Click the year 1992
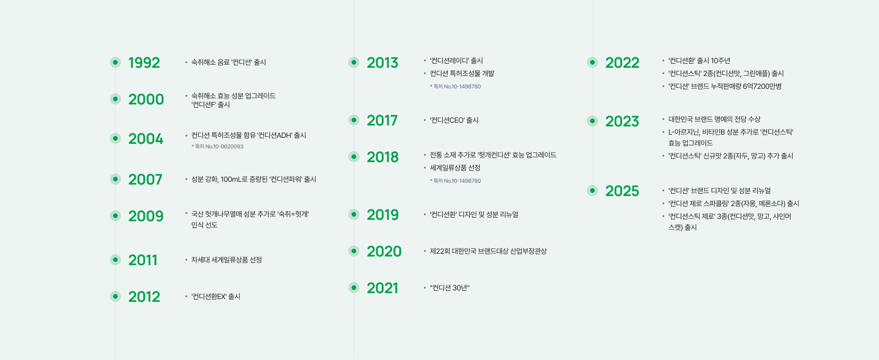(x=144, y=62)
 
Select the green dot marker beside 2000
(x=115, y=99)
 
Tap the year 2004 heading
(x=146, y=138)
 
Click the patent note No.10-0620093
(x=217, y=147)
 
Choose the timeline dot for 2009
(x=115, y=216)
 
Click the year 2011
(x=143, y=260)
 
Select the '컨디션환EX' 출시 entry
(x=216, y=296)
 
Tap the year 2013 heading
(x=383, y=62)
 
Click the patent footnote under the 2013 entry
(x=455, y=87)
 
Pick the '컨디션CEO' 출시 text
(x=454, y=120)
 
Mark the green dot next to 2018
(x=354, y=157)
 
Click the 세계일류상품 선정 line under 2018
(x=455, y=168)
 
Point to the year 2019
(x=383, y=214)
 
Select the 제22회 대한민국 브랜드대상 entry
(x=488, y=251)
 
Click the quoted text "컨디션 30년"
(x=450, y=288)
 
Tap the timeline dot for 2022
(x=592, y=62)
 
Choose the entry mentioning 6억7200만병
(x=725, y=86)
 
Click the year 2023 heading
(x=622, y=121)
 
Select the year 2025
(x=622, y=191)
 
